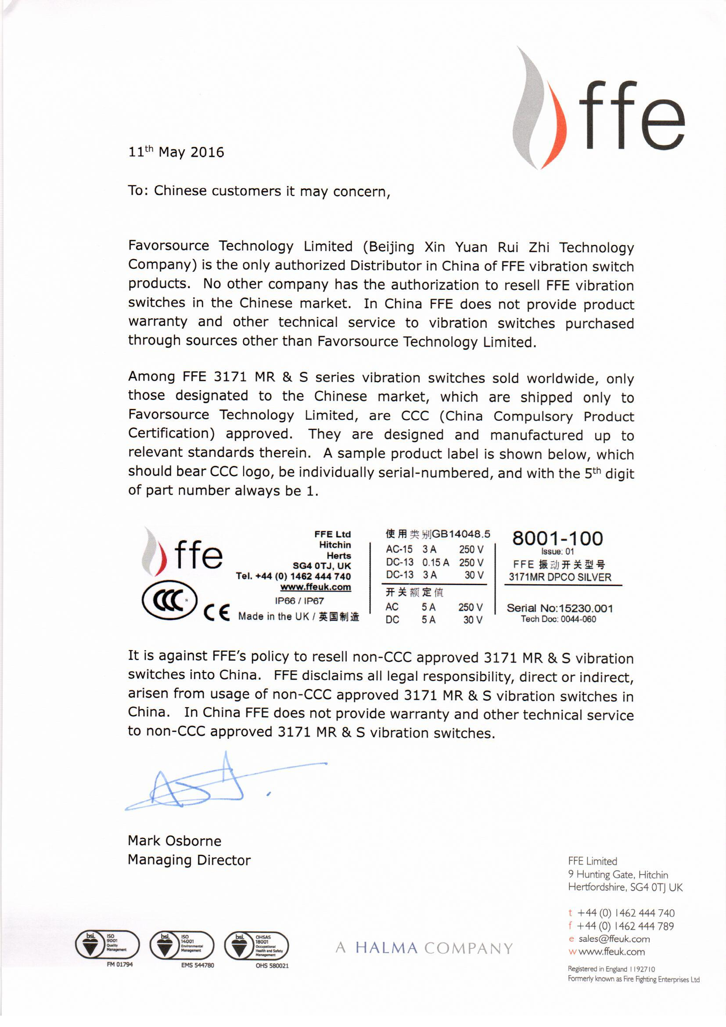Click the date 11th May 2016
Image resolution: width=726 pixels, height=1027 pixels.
point(176,152)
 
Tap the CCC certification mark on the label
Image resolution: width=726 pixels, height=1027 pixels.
point(169,600)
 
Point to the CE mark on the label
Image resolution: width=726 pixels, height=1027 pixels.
point(216,612)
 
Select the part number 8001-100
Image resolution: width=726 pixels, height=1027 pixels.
point(557,538)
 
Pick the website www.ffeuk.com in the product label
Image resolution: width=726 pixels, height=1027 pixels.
point(315,587)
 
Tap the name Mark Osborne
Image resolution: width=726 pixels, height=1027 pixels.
point(174,840)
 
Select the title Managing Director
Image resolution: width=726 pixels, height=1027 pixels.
point(189,860)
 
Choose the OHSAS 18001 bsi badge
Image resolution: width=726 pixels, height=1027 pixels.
point(256,945)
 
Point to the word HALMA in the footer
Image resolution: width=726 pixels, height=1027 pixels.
point(386,947)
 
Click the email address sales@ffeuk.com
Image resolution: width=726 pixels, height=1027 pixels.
point(614,939)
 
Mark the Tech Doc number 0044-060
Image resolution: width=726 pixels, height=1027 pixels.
point(578,619)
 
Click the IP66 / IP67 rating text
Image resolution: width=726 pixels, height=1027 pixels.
point(299,601)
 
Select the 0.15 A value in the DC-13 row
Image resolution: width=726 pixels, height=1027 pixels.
point(435,562)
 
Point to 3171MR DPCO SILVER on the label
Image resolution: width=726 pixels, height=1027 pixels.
point(560,577)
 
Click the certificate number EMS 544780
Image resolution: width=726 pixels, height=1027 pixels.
point(197,965)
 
